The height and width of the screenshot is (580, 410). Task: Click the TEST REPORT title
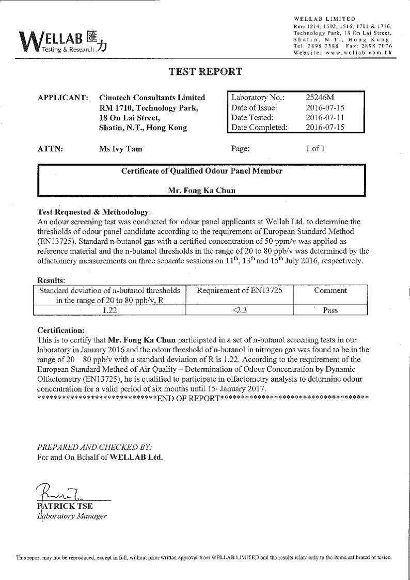pyautogui.click(x=205, y=72)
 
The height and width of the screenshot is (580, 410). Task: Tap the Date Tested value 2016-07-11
pyautogui.click(x=325, y=117)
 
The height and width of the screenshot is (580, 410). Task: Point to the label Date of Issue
pyautogui.click(x=255, y=107)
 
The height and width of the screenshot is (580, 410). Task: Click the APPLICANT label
pyautogui.click(x=63, y=98)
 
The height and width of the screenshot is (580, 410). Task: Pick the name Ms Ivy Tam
pyautogui.click(x=120, y=149)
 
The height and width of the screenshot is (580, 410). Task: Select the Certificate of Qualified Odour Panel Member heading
pyautogui.click(x=201, y=171)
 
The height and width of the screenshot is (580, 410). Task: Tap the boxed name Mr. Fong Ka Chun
pyautogui.click(x=201, y=190)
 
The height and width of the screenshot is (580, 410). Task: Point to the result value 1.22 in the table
pyautogui.click(x=109, y=310)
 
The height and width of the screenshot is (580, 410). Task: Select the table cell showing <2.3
pyautogui.click(x=239, y=310)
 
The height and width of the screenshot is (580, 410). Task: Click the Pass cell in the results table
pyautogui.click(x=330, y=310)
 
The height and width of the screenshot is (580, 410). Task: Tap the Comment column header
pyautogui.click(x=330, y=291)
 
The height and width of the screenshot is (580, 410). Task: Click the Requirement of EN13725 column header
pyautogui.click(x=240, y=291)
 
